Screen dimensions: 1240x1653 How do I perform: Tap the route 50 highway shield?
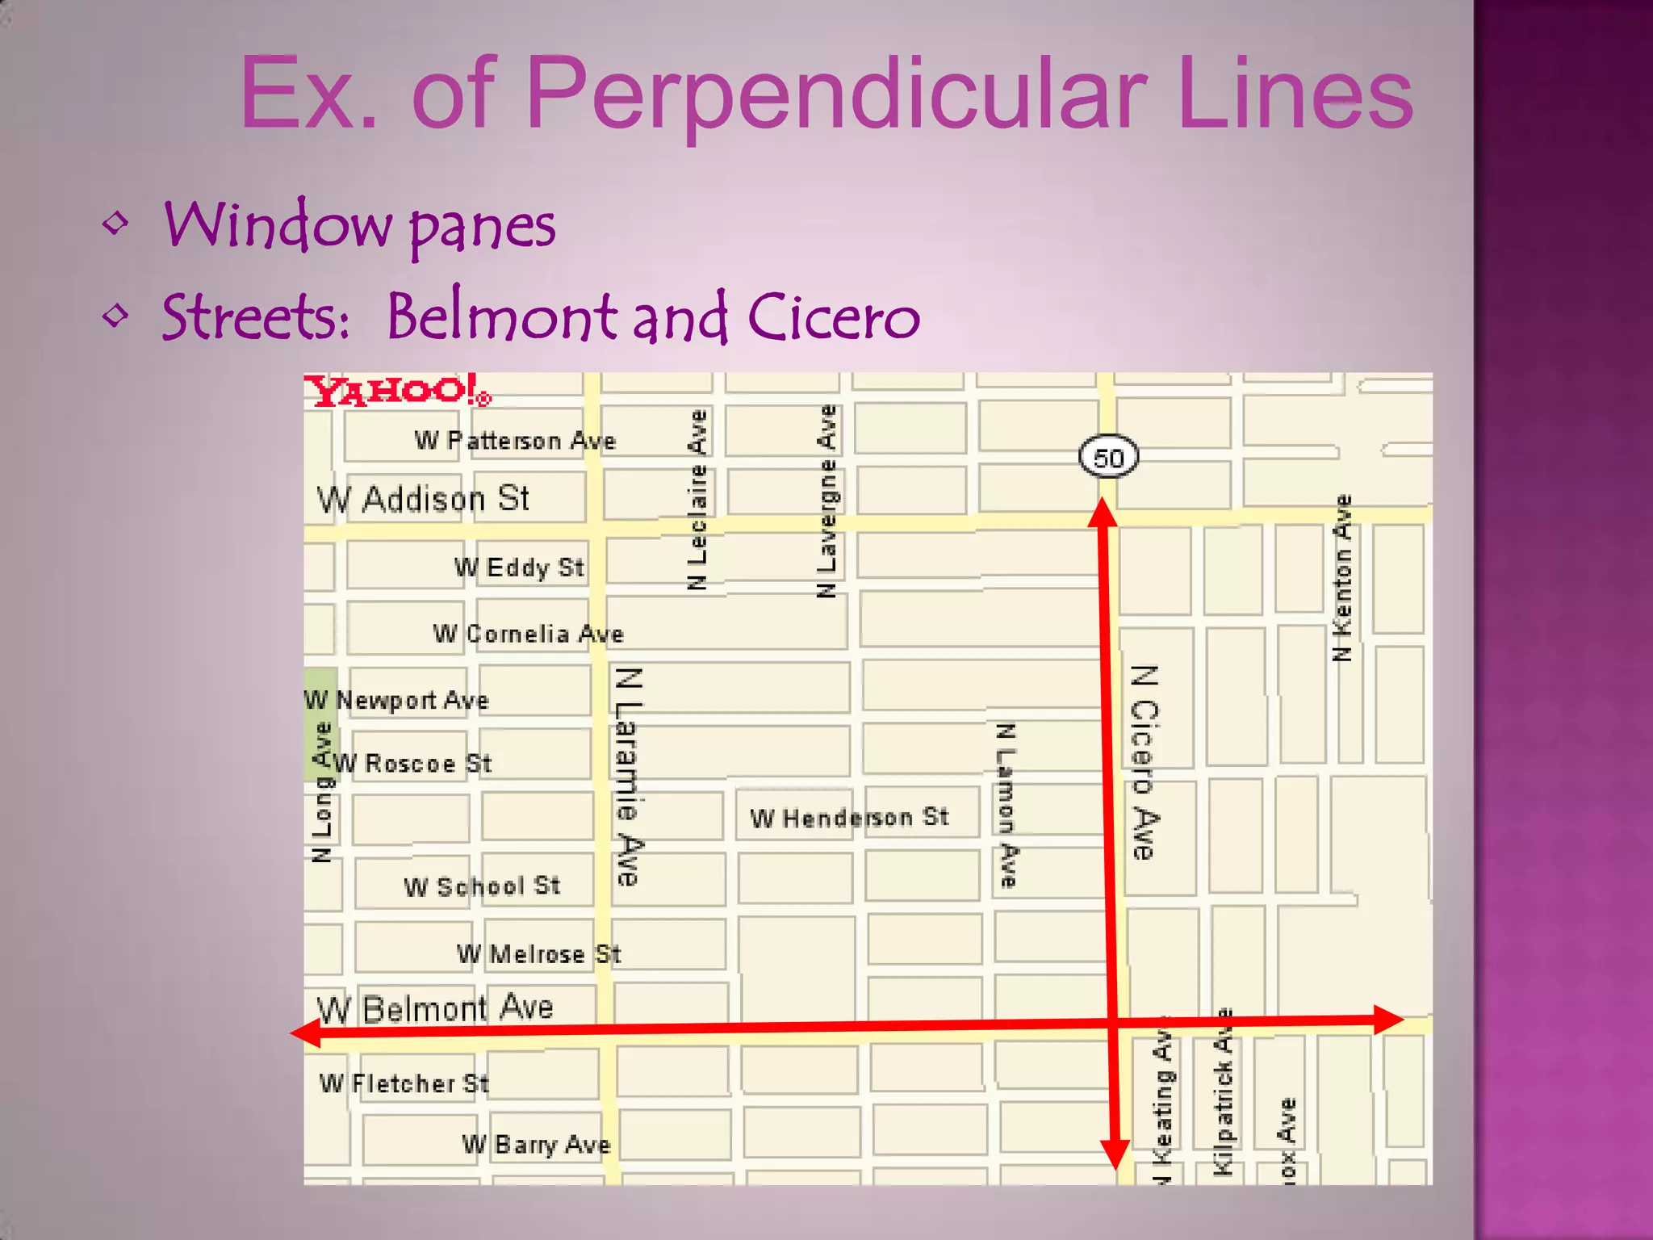[x=1108, y=457]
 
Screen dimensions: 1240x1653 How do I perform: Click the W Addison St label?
[x=423, y=499]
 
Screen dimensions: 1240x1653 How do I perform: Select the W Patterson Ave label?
[x=515, y=441]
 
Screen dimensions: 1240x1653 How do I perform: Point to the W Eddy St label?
[x=519, y=568]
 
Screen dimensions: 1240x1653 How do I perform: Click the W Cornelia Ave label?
[x=528, y=634]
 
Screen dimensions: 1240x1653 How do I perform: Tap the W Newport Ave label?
[x=397, y=700]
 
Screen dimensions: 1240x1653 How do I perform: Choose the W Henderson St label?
[x=849, y=818]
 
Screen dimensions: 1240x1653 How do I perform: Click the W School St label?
[x=482, y=886]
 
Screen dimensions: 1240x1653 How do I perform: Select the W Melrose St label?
[x=538, y=954]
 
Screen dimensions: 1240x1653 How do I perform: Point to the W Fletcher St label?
[x=404, y=1083]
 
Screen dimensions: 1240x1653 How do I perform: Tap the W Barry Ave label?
[x=536, y=1145]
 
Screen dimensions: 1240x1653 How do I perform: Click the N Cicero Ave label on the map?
[x=1145, y=762]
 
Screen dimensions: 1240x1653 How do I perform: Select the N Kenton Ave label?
[x=1341, y=578]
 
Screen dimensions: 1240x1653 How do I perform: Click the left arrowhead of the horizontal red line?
[x=305, y=1033]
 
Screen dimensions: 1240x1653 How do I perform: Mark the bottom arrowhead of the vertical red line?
[x=1115, y=1154]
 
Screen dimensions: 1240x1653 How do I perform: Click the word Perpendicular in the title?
[x=835, y=93]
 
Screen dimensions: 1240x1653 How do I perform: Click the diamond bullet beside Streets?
[x=116, y=314]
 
